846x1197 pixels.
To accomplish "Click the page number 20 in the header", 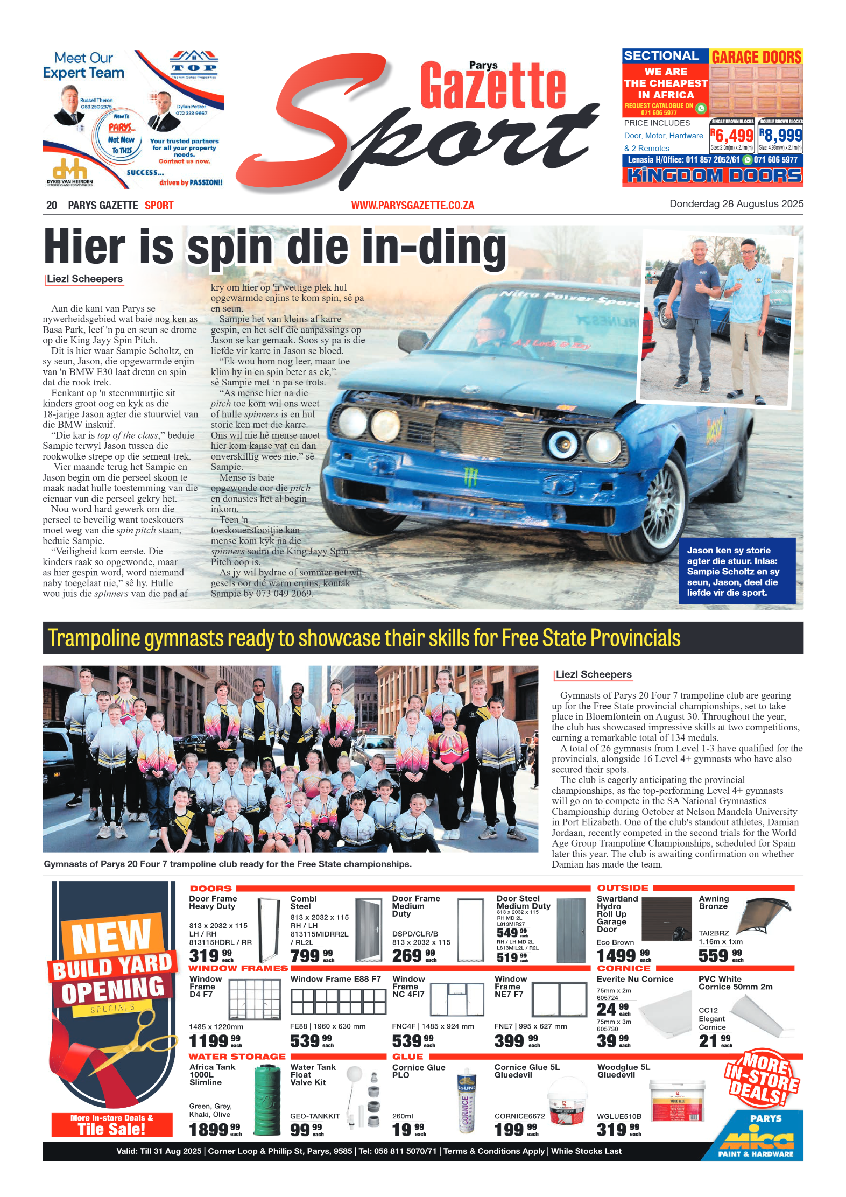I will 52,205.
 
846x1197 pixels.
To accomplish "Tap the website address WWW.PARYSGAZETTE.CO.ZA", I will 412,205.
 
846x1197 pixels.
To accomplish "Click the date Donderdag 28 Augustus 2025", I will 736,204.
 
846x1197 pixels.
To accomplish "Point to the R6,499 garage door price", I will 732,136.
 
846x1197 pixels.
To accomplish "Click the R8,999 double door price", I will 781,136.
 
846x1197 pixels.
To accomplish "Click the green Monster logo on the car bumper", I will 470,476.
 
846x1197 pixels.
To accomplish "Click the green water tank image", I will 267,1099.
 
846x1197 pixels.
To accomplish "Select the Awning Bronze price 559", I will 714,955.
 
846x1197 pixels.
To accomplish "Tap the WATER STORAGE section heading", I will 237,1057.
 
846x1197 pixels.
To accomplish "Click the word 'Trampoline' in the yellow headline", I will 94,638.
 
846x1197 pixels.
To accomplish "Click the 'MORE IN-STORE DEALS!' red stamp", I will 762,1078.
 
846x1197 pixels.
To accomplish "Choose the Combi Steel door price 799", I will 306,956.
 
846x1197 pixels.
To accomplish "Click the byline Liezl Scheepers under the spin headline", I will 84,279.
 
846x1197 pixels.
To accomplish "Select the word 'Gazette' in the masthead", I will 492,86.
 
